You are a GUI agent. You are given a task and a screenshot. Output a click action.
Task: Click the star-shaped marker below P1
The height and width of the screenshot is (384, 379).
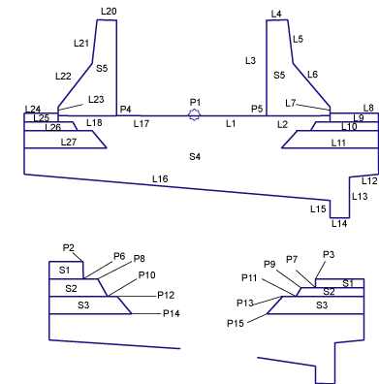tap(194, 115)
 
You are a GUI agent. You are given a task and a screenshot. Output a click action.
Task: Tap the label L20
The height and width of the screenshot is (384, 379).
tap(109, 12)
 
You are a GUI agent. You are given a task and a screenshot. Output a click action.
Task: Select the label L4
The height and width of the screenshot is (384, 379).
tap(276, 14)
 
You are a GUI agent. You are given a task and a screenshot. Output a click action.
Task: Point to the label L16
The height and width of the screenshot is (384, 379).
tap(160, 178)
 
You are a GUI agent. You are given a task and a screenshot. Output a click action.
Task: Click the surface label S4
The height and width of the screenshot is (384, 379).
tap(195, 157)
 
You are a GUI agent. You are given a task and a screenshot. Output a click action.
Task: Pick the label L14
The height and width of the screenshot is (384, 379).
tap(339, 223)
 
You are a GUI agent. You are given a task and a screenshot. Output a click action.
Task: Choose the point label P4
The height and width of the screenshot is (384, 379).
tap(126, 110)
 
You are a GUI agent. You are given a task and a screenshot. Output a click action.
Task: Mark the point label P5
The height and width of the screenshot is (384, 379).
tap(257, 110)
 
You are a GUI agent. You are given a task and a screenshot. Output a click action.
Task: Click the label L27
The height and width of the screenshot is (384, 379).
tap(69, 142)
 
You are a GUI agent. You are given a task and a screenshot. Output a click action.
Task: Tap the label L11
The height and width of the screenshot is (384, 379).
tap(338, 143)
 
